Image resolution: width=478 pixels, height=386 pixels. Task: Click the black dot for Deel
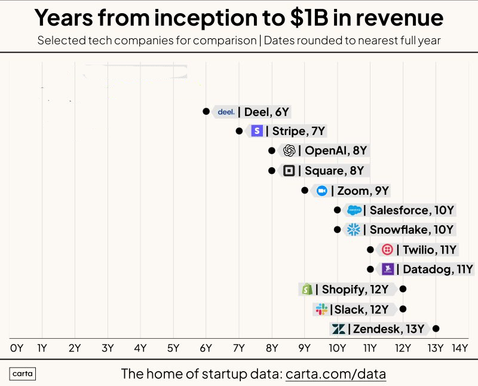(206, 111)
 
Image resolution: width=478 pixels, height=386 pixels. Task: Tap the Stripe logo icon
(257, 131)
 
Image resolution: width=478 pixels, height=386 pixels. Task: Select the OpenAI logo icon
(289, 151)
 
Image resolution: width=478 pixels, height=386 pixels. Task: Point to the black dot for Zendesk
(436, 329)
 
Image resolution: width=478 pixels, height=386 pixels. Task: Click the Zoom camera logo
(322, 191)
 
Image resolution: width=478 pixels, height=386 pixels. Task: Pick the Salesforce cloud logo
(354, 210)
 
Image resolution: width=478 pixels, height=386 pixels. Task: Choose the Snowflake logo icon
(354, 229)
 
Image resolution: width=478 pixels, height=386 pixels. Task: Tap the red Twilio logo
(387, 249)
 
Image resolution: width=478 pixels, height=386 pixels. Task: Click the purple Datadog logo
(387, 269)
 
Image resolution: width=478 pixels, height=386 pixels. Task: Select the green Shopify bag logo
(307, 289)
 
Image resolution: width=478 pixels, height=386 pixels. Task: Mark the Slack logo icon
(321, 309)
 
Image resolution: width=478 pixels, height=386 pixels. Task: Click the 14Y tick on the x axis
(459, 348)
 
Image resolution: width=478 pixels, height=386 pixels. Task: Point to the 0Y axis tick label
(17, 348)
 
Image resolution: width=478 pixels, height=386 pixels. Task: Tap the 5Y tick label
(173, 348)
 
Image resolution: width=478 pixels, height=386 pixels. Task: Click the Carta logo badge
(23, 375)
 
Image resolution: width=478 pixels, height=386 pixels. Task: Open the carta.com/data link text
(336, 375)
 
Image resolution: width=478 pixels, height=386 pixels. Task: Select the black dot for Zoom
(305, 191)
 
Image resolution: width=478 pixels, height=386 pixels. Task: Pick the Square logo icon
(289, 170)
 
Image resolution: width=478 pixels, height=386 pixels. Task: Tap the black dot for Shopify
(403, 289)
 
